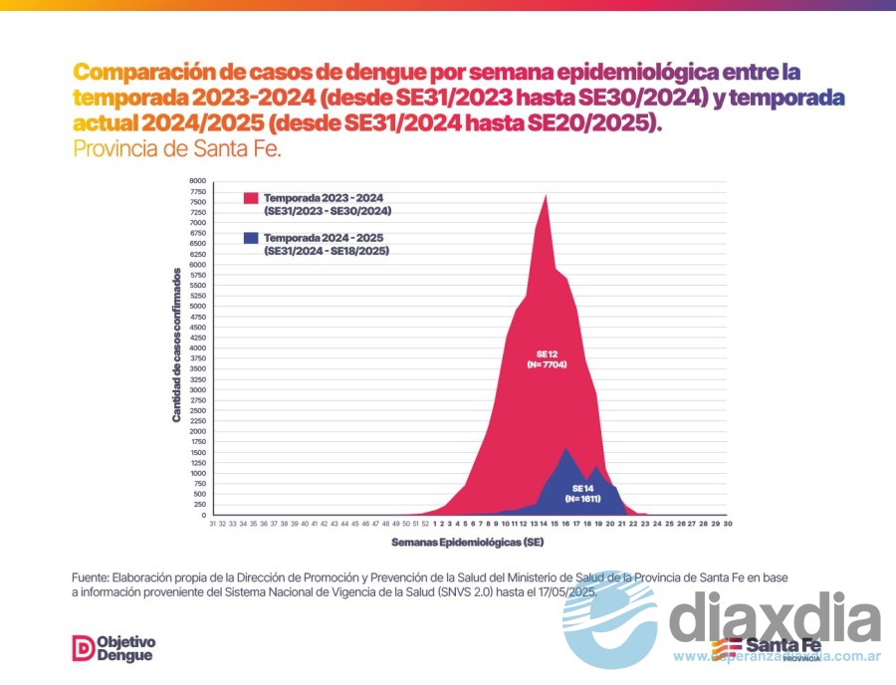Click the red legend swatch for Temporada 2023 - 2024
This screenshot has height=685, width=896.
[x=252, y=197]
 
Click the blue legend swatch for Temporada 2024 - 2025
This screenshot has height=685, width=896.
[x=252, y=238]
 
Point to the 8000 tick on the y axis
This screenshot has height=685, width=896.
[x=197, y=181]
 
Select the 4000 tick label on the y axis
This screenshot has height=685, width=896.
[x=197, y=348]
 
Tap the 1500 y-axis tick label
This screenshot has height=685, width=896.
[x=197, y=453]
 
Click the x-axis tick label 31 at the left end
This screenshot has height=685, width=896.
[x=213, y=523]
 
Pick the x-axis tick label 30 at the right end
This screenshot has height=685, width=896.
[x=728, y=523]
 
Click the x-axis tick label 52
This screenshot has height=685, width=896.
[x=425, y=523]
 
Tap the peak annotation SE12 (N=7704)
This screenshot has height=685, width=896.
[x=548, y=359]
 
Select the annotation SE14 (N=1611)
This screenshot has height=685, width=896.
[x=582, y=492]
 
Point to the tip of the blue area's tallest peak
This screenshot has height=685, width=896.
[x=566, y=448]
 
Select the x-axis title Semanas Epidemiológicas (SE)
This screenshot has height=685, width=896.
[x=468, y=543]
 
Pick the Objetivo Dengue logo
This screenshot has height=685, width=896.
[x=114, y=648]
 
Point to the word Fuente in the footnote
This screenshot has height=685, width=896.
[x=90, y=577]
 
